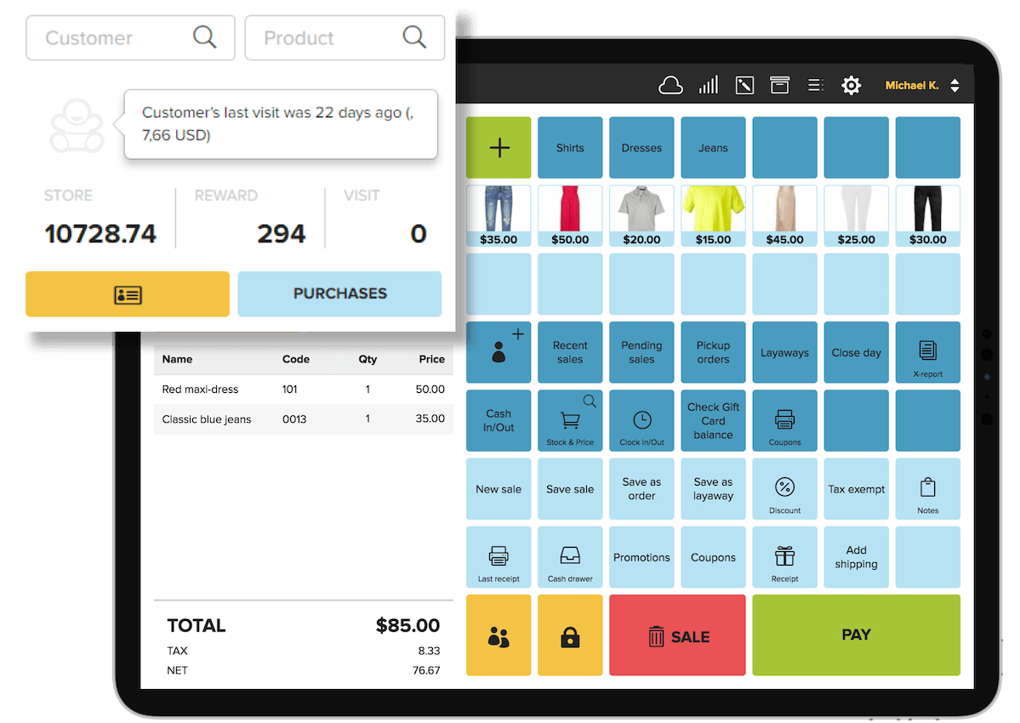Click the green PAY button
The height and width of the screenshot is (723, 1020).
pos(856,635)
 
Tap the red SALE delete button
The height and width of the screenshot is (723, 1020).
pos(677,635)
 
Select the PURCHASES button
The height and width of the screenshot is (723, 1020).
pos(339,293)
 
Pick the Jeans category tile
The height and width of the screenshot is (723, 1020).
pos(713,148)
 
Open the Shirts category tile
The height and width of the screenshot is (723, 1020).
pos(570,148)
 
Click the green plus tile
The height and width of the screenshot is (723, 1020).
pos(499,148)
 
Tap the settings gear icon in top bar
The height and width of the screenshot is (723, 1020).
pos(851,85)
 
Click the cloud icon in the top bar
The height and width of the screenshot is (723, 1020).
pos(671,85)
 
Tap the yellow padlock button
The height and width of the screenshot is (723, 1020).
pos(570,635)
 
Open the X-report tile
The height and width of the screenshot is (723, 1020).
pos(927,353)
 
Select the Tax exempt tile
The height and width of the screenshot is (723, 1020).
pos(856,490)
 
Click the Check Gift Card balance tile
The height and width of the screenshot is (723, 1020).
pos(713,421)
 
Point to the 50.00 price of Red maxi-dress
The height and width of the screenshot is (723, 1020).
pos(430,390)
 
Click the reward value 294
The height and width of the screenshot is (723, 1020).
pos(282,234)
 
